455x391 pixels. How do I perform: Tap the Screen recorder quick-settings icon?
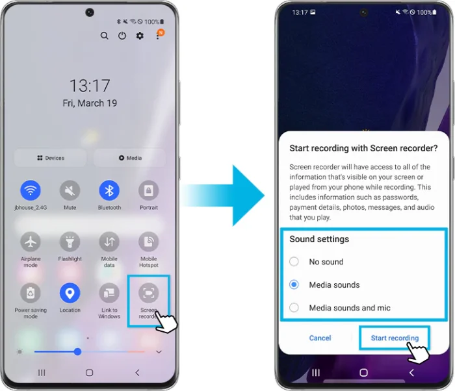coord(149,294)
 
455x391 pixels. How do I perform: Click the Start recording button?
coord(395,338)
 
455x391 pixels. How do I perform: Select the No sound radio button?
coord(294,262)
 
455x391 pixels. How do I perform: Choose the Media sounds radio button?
coord(294,284)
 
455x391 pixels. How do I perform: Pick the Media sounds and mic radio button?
coord(294,308)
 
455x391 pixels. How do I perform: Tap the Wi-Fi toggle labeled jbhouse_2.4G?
coord(31,190)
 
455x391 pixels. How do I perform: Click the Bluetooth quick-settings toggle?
coord(109,190)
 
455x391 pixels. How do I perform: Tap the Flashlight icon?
coord(70,242)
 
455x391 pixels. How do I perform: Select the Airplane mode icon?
coord(31,242)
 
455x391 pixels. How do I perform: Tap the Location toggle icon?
coord(70,293)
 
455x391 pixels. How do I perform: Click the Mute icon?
coord(70,190)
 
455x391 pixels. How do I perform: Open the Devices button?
coord(51,158)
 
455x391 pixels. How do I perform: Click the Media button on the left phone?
coord(130,158)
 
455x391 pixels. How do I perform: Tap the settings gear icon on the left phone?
coord(140,36)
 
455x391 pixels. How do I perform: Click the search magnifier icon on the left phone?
coord(105,36)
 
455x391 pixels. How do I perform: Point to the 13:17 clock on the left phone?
coord(90,85)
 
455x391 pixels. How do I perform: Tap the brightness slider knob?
coord(77,351)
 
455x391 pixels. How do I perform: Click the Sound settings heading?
coord(319,239)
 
